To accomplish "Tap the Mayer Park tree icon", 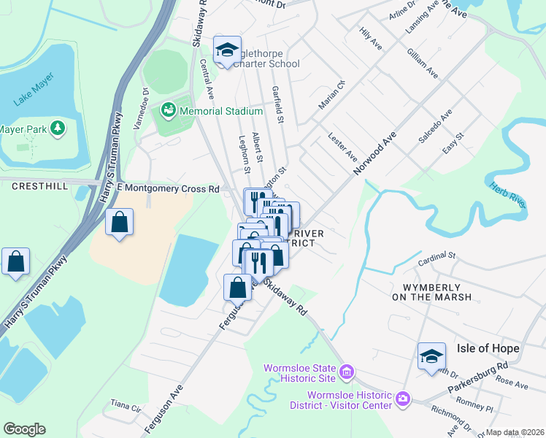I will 57,129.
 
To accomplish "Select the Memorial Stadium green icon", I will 169,110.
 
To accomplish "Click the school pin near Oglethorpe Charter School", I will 227,50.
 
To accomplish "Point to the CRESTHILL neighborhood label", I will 40,187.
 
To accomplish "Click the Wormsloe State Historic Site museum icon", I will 347,373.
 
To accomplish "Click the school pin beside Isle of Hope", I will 431,356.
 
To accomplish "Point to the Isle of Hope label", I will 488,348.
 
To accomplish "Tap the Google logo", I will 24,429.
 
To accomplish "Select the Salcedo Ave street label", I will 435,126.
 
